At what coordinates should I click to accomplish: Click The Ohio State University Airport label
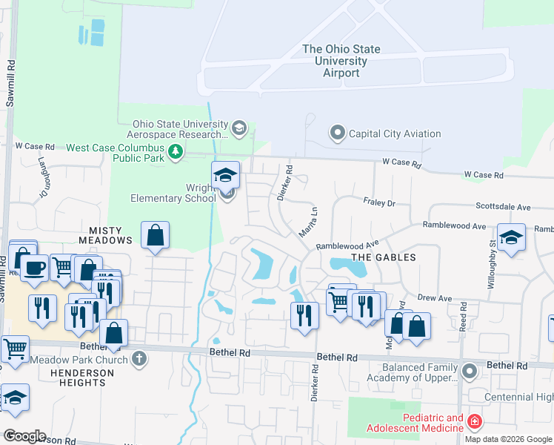(341, 61)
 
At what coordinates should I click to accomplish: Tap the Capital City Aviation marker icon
(338, 134)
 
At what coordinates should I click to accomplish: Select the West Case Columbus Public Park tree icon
(176, 153)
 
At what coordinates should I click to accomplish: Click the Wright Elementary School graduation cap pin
(226, 176)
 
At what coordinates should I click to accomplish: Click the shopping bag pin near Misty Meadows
(155, 236)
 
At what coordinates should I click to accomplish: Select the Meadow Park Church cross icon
(138, 360)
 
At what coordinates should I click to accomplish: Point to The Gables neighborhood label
(383, 257)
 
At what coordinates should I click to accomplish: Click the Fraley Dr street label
(380, 202)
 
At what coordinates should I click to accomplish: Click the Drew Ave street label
(434, 298)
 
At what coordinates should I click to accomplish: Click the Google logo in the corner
(24, 436)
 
